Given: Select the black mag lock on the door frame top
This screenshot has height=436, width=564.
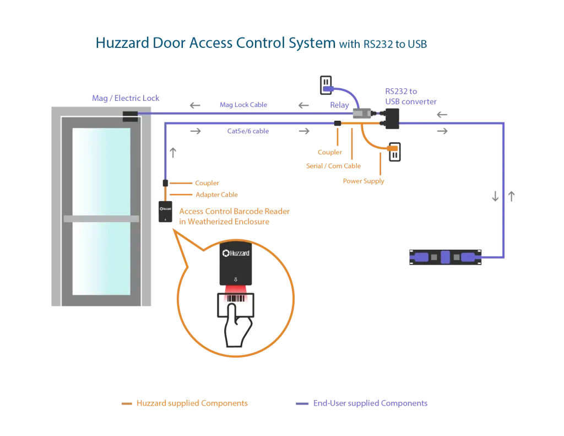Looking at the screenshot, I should coord(130,116).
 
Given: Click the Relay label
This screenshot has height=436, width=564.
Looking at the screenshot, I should coord(338,104).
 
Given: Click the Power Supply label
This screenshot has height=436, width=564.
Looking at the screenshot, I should coord(364,181).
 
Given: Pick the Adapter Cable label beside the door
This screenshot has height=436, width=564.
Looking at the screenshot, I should coord(216,195).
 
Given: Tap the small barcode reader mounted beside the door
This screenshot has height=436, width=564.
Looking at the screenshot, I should coord(164,212).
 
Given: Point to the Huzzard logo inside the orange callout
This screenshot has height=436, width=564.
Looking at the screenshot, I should coord(235,253).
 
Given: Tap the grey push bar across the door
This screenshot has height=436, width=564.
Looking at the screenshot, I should coord(101,218).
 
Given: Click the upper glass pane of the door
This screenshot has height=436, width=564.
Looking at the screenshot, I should coord(101,168).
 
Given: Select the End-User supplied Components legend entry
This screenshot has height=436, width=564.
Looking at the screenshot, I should coord(370,404).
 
